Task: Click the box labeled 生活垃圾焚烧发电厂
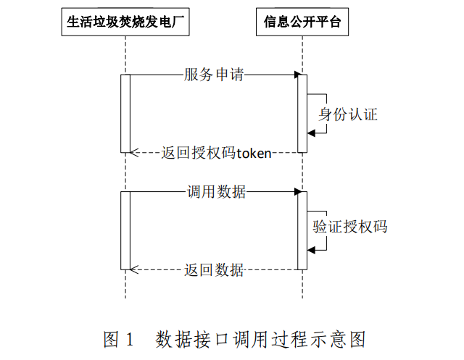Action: (125, 25)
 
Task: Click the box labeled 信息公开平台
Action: (302, 25)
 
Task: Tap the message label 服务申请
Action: (213, 75)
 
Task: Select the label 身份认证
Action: (348, 114)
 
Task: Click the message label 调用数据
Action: (216, 192)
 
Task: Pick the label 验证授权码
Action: (349, 227)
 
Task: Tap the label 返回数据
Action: (213, 270)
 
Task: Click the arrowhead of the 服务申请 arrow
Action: (297, 75)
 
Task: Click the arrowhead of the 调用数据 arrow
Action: (297, 192)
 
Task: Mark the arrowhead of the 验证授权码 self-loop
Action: (311, 250)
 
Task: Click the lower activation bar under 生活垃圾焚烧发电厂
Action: (125, 230)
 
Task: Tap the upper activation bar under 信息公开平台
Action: (302, 114)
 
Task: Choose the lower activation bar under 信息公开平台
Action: (302, 230)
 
